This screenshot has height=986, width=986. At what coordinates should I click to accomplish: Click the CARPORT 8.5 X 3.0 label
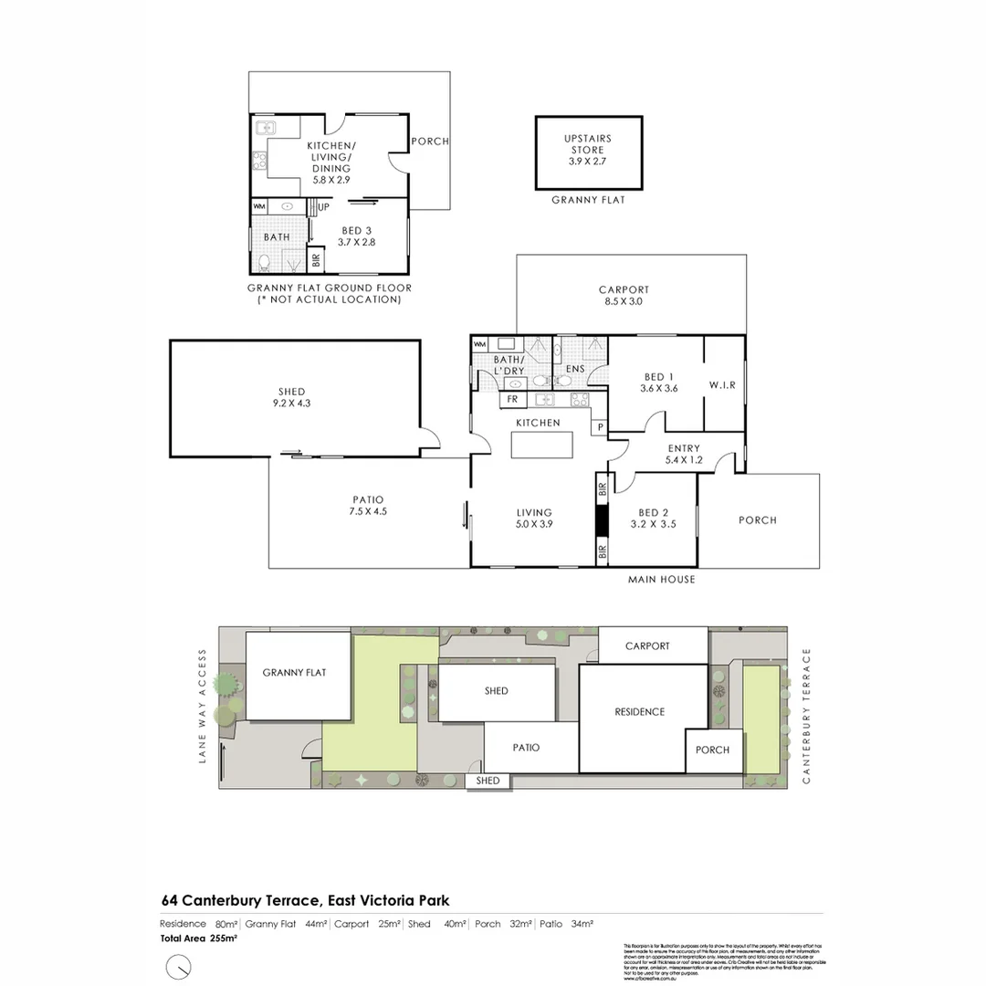pos(625,295)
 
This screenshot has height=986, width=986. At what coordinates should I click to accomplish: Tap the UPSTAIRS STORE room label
pos(588,150)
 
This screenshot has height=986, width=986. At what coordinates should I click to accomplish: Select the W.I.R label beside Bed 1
pos(722,385)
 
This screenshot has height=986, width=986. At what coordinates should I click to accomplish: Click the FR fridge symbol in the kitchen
pos(512,399)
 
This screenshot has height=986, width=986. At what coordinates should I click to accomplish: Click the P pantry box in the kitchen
pos(601,426)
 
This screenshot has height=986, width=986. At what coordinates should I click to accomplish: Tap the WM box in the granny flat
pos(259,207)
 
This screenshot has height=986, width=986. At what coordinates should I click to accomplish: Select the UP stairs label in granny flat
pos(323,207)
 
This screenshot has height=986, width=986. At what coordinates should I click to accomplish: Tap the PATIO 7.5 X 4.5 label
pos(369,506)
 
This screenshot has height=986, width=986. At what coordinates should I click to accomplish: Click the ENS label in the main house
pos(575,370)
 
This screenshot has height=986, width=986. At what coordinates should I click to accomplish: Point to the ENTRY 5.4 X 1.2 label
pos(684,454)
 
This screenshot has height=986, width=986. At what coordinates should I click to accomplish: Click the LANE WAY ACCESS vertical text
pos(204,706)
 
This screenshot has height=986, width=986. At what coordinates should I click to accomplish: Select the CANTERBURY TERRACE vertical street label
pos(806,716)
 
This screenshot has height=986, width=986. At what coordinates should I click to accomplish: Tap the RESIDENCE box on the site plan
pos(639,712)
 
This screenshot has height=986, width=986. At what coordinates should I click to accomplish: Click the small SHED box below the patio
pos(488,781)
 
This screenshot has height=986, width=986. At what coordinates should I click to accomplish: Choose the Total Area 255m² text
pos(199,938)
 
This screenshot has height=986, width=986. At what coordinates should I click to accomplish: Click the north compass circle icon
pos(178,966)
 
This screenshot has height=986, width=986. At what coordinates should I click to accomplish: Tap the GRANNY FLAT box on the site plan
pos(294,673)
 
